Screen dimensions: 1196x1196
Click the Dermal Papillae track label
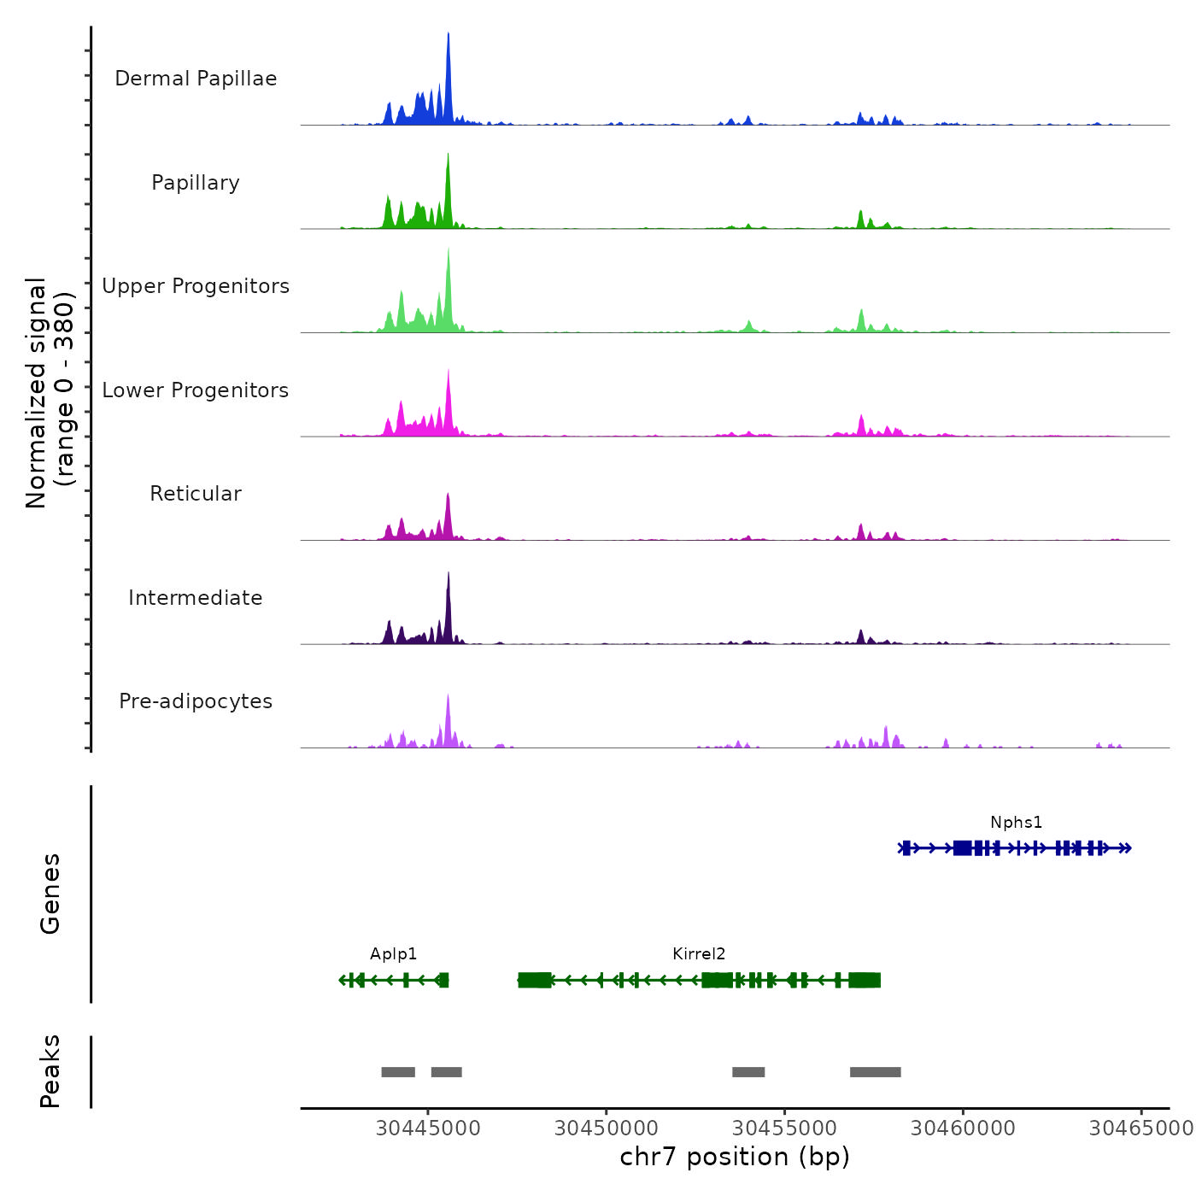coord(196,79)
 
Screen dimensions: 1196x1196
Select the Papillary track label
coord(196,183)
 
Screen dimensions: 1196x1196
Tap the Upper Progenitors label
coord(196,286)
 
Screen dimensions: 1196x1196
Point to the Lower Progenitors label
coord(196,390)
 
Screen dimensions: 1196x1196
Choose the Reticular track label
coord(196,494)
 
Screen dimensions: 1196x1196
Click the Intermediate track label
coord(196,598)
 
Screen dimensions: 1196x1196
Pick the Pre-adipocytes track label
coord(196,701)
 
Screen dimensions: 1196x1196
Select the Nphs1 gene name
coord(1016,823)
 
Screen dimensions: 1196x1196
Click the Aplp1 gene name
coord(393,954)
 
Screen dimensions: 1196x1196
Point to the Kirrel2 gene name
coord(699,954)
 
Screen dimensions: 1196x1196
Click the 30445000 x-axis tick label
coord(428,1129)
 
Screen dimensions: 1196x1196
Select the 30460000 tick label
coord(963,1129)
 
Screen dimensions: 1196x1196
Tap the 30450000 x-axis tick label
coord(607,1129)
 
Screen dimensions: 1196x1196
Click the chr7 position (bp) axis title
coord(735,1157)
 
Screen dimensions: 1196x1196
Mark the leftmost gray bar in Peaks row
coord(398,1072)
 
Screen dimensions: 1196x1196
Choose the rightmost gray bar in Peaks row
coord(875,1072)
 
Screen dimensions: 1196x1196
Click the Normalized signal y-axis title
coord(50,393)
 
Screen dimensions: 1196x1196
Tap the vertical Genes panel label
coord(50,894)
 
